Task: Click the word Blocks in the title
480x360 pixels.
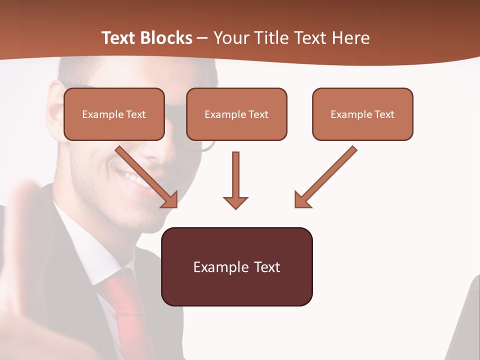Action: coord(166,38)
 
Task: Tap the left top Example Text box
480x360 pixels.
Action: coord(114,114)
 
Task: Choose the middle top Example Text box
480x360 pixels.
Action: coord(236,114)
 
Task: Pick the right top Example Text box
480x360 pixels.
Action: coord(362,114)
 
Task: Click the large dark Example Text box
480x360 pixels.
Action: coord(237,266)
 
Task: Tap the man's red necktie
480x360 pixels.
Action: coord(125,305)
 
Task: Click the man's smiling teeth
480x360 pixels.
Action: coord(131,177)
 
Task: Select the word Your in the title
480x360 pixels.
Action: coord(231,38)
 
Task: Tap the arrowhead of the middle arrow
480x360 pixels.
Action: coord(235,202)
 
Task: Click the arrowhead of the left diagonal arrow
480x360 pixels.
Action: coord(170,200)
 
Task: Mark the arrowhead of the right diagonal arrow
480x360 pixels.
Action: coord(302,200)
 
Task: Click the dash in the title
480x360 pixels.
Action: coord(202,38)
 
